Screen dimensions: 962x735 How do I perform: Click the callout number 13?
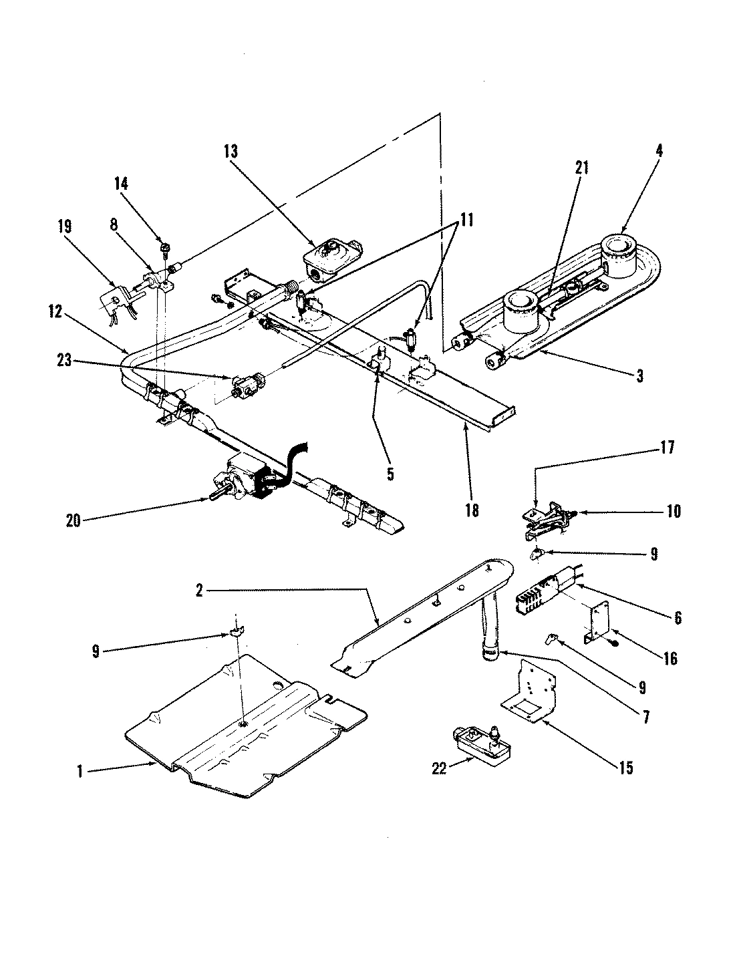coord(231,152)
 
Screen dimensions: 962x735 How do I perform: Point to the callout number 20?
coord(73,519)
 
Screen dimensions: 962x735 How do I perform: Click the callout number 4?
coord(659,151)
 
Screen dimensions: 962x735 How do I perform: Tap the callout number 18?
coord(472,510)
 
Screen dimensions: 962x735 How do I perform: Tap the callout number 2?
coord(199,589)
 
